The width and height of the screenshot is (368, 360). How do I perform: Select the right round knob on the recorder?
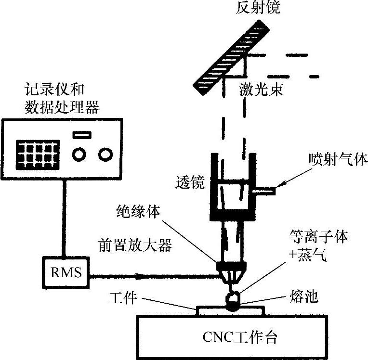tap(105, 154)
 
